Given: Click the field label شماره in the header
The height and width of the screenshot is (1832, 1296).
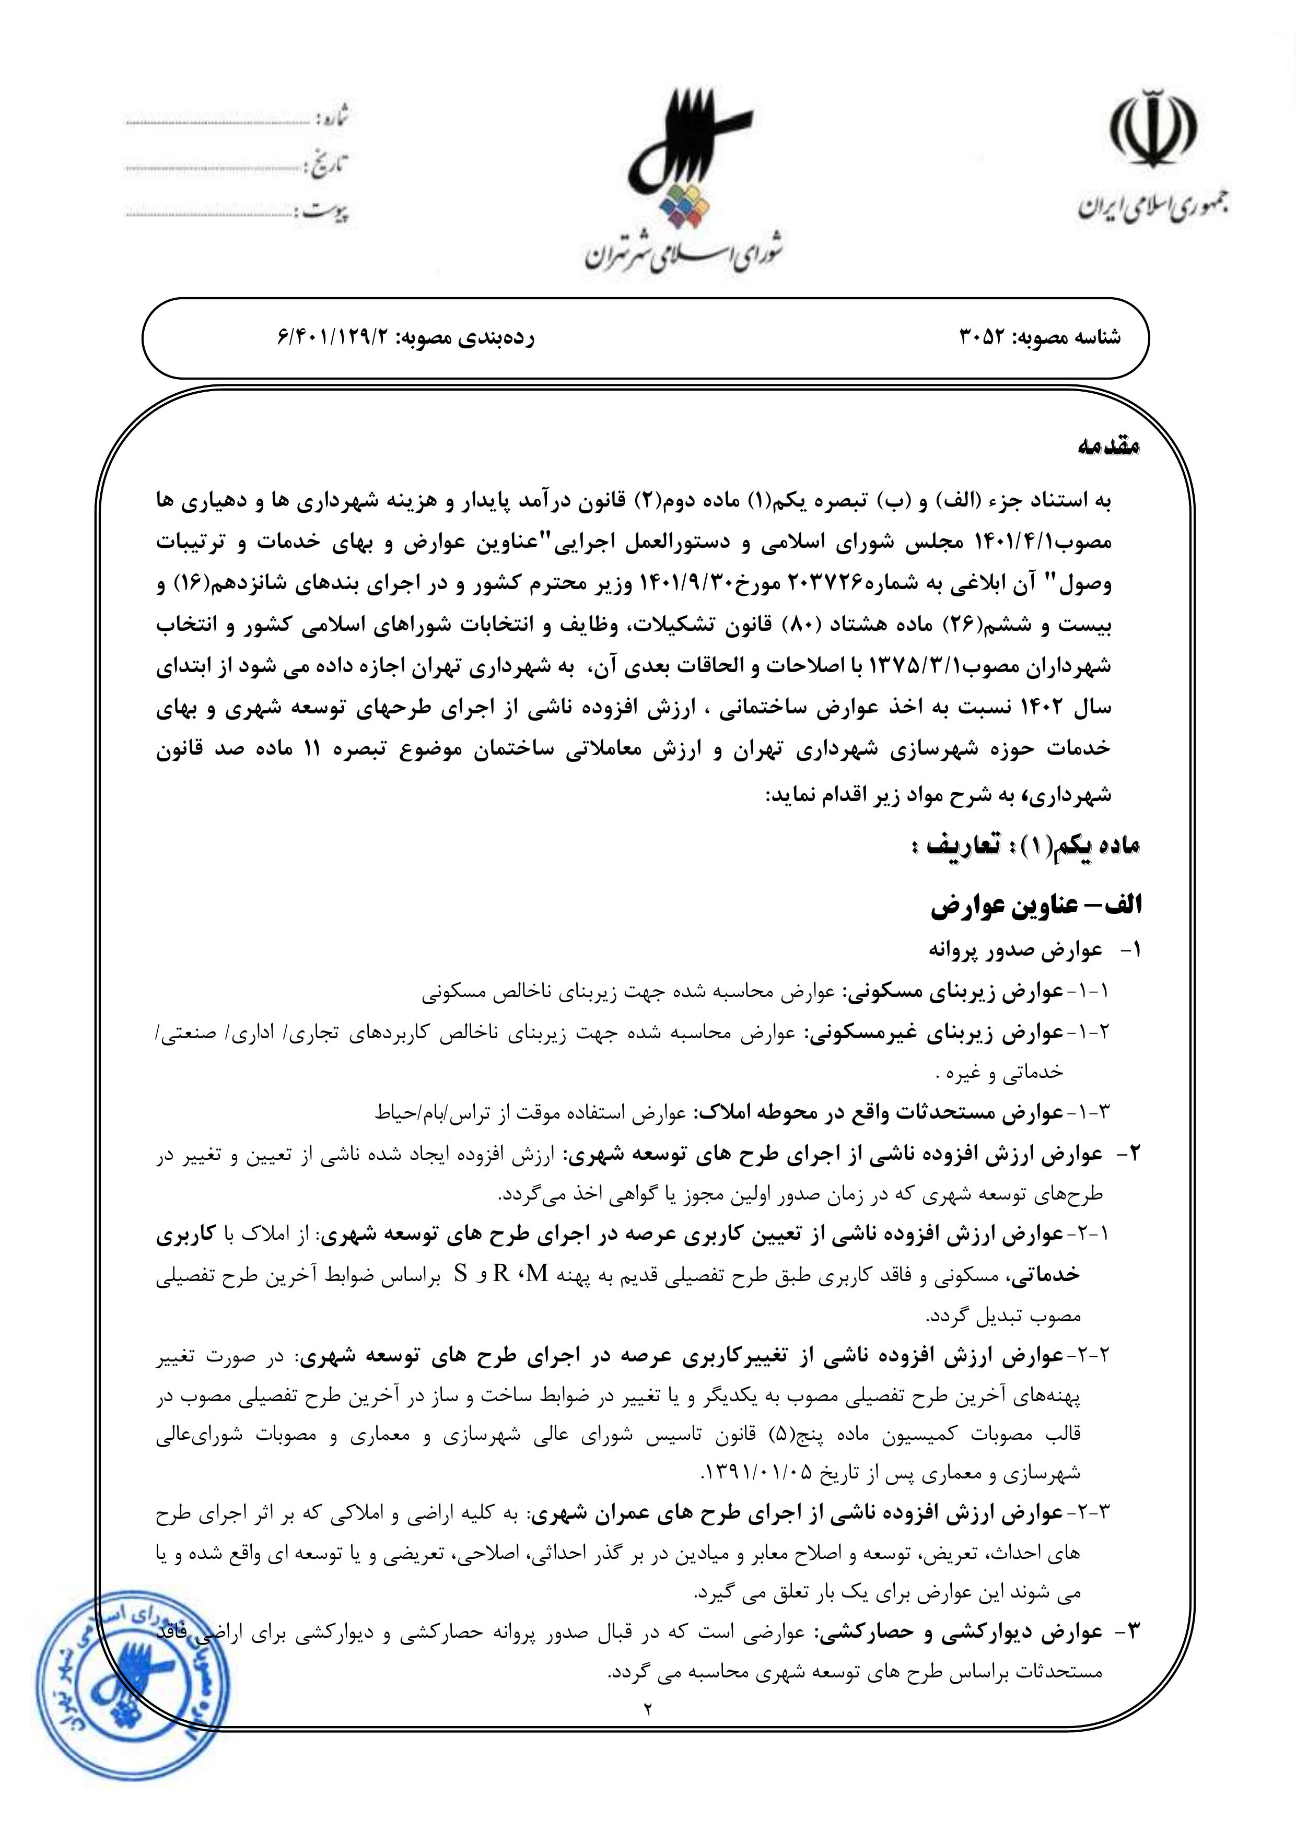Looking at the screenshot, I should [334, 119].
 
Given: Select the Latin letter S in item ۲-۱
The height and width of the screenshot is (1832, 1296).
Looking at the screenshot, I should [460, 1273].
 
